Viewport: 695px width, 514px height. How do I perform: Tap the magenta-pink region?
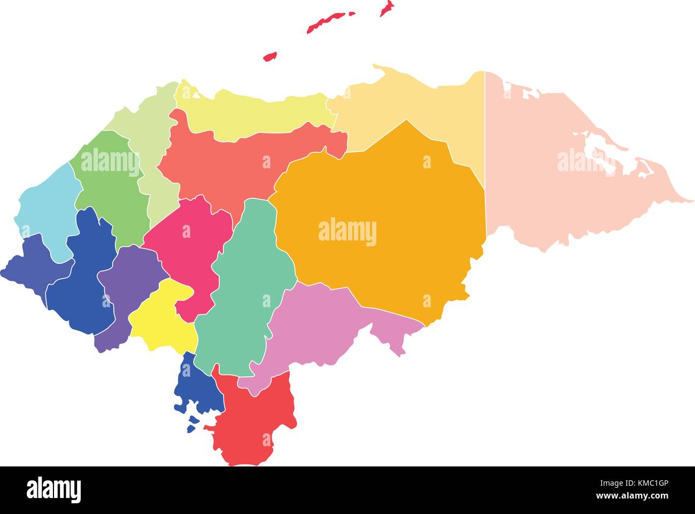click(x=187, y=251)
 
